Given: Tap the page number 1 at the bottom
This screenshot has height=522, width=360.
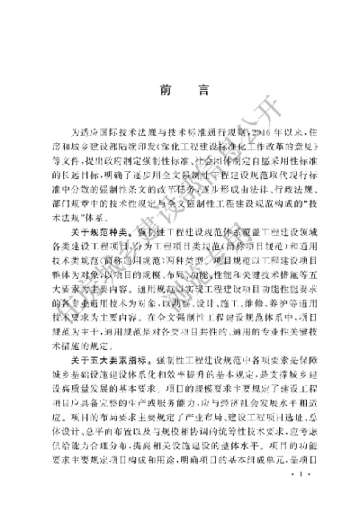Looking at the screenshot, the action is coord(299,492).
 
